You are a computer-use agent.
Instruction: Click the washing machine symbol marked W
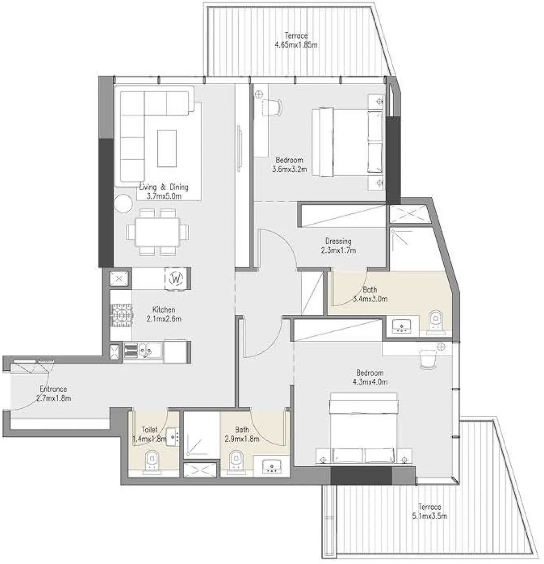pyautogui.click(x=176, y=279)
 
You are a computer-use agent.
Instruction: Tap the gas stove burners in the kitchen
pyautogui.click(x=122, y=315)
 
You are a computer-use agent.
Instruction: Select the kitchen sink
pyautogui.click(x=144, y=351)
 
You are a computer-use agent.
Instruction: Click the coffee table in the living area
pyautogui.click(x=167, y=148)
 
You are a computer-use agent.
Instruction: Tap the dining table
pyautogui.click(x=157, y=231)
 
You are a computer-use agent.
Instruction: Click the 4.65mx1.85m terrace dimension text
pyautogui.click(x=296, y=45)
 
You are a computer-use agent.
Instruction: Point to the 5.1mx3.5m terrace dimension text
pyautogui.click(x=429, y=516)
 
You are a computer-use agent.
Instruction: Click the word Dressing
pyautogui.click(x=338, y=241)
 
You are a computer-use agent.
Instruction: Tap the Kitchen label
pyautogui.click(x=164, y=310)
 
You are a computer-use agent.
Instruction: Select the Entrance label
pyautogui.click(x=53, y=389)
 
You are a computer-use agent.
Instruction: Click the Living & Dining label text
pyautogui.click(x=164, y=187)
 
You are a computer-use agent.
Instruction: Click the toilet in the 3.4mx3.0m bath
pyautogui.click(x=435, y=321)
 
